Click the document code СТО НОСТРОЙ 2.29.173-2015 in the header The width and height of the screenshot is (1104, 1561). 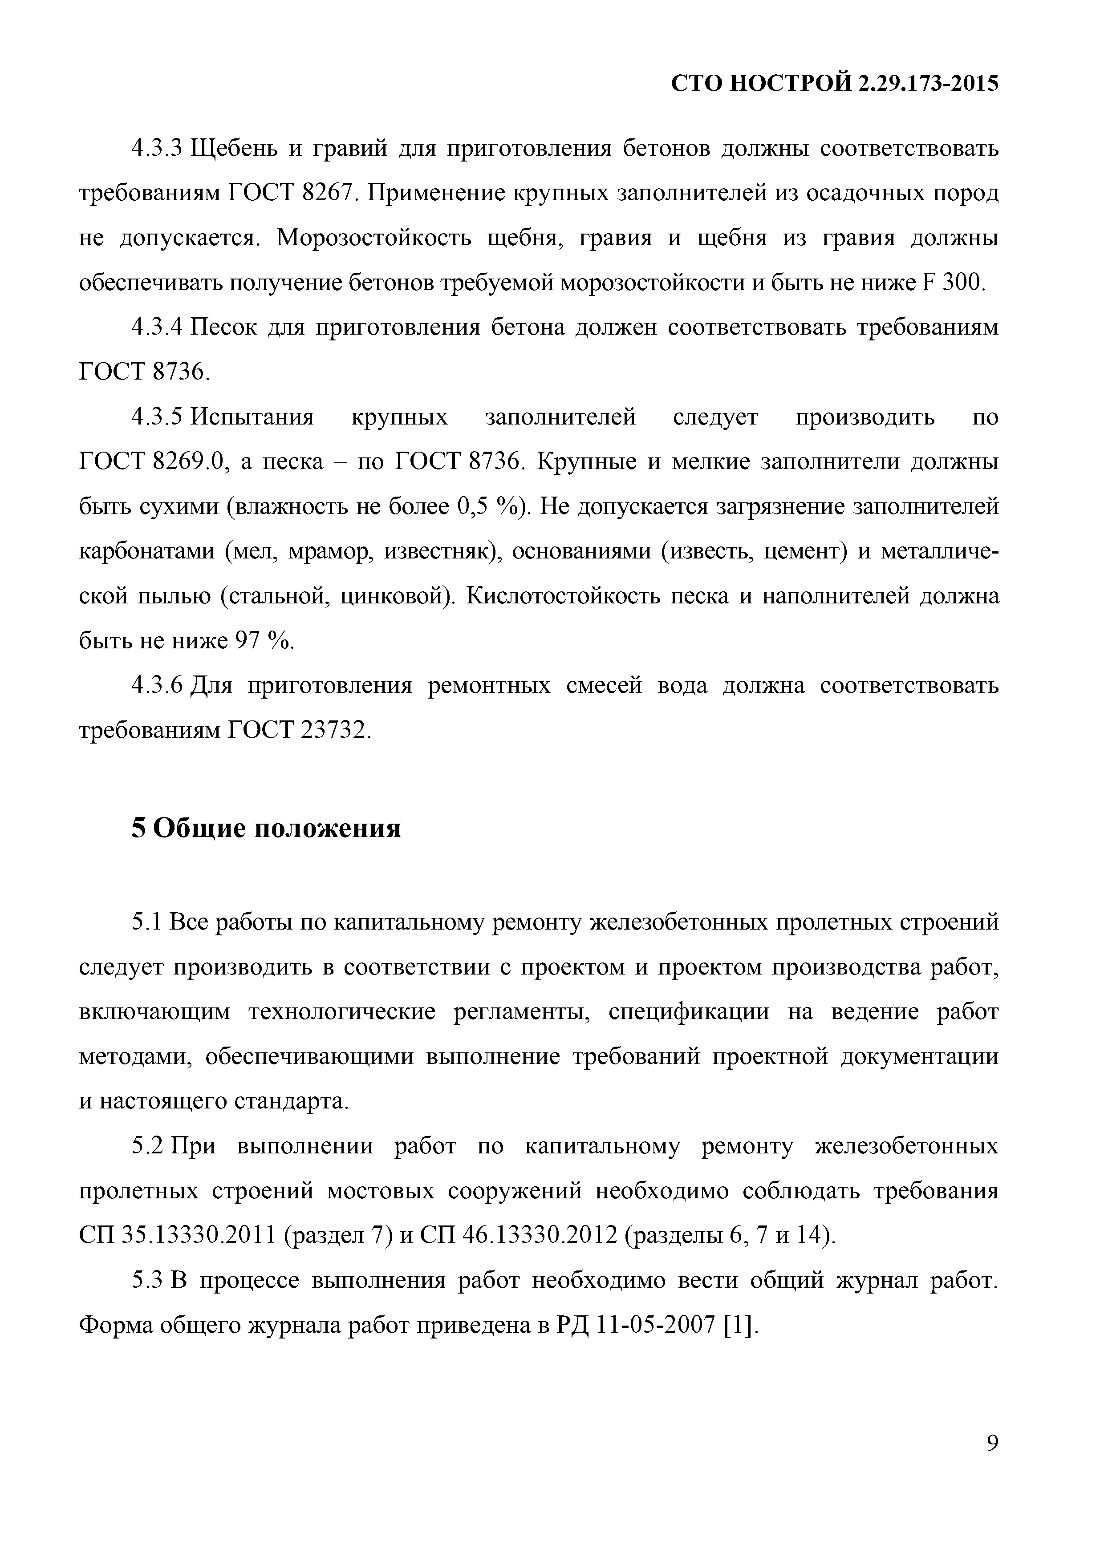835,84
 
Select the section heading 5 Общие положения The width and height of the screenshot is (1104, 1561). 266,827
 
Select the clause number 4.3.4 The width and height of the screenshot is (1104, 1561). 158,328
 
